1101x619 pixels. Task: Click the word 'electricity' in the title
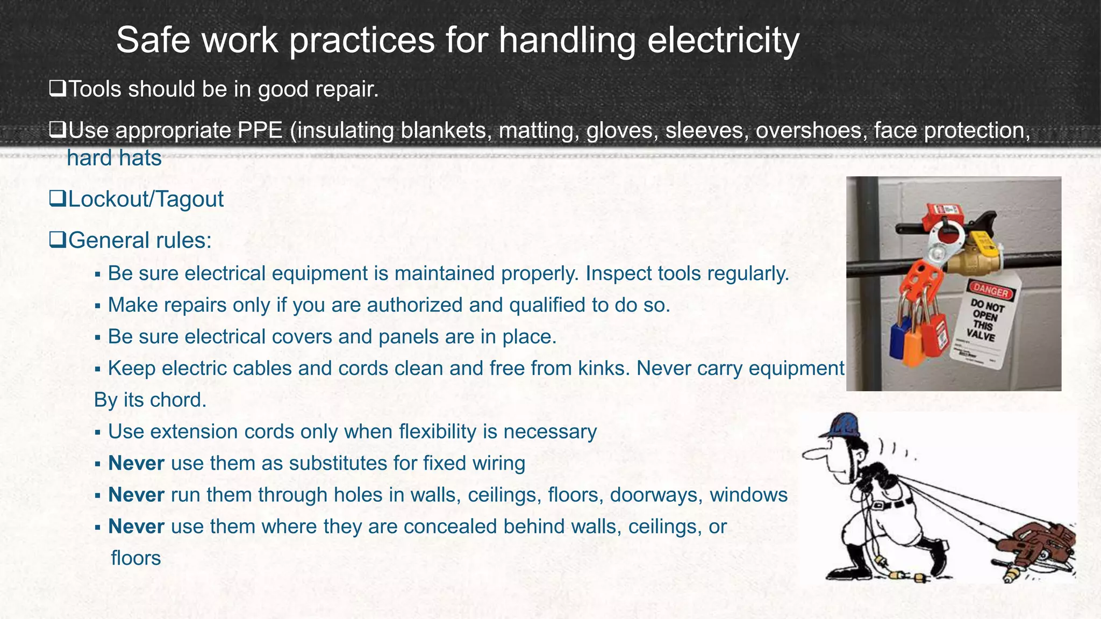point(723,40)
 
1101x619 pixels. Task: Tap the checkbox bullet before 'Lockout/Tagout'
point(56,199)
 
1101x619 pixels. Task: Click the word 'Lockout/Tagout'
point(146,199)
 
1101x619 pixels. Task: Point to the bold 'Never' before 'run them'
point(136,495)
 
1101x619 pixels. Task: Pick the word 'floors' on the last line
point(135,558)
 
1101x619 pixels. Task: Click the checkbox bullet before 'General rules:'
point(56,240)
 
